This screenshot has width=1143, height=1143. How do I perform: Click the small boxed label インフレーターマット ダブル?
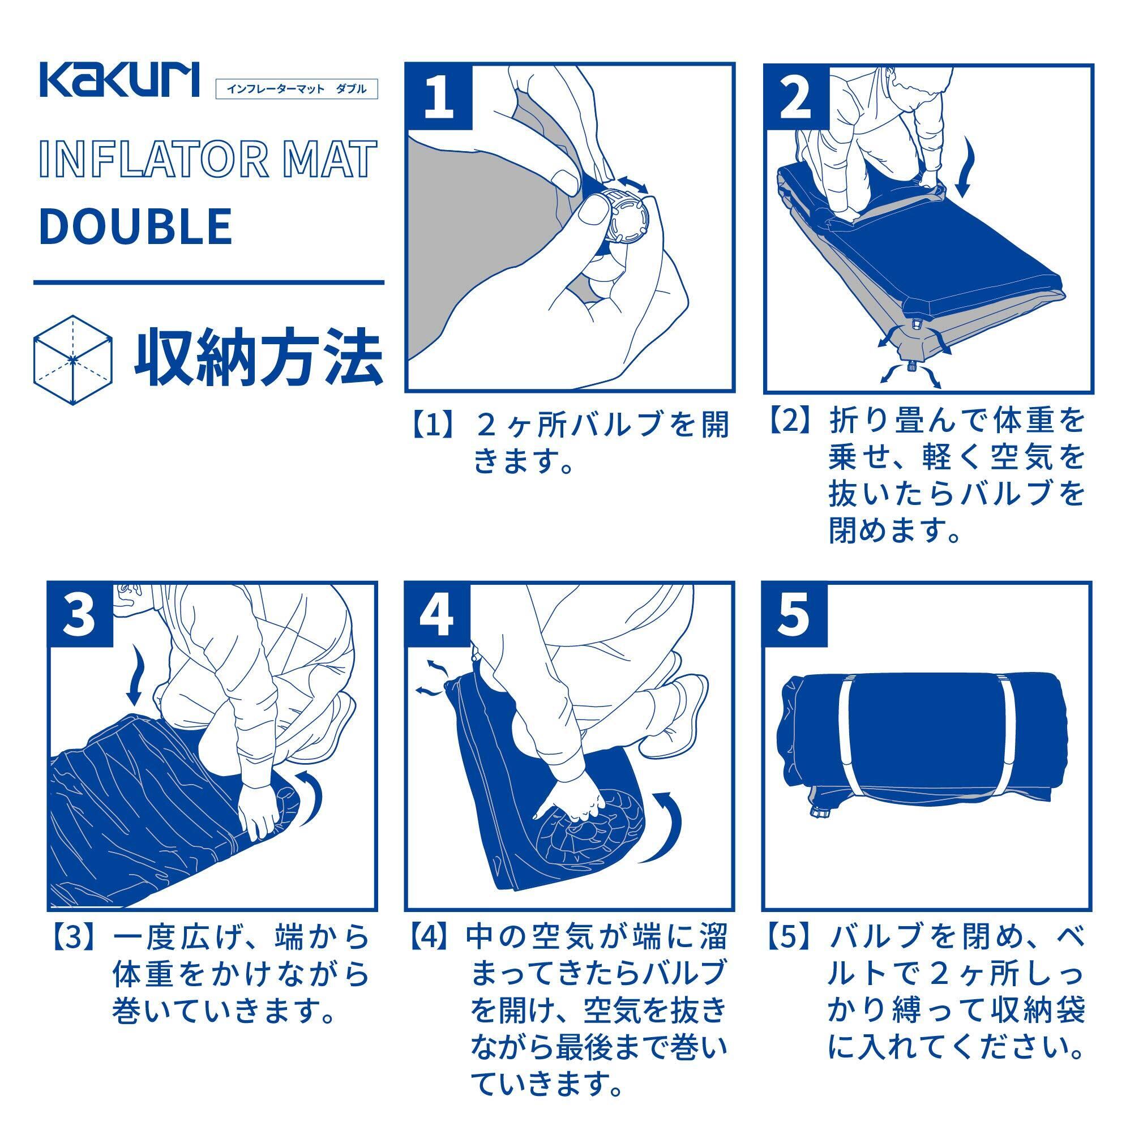click(x=297, y=89)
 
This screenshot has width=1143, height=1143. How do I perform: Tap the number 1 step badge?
click(x=439, y=96)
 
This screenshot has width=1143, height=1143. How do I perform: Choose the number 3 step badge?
click(x=80, y=614)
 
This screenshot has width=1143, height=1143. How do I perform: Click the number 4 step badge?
click(x=438, y=614)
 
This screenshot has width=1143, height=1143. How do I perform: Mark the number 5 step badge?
click(x=794, y=614)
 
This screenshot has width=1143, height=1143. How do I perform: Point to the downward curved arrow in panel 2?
click(x=965, y=168)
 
